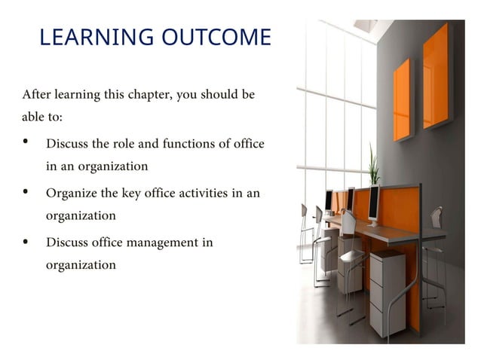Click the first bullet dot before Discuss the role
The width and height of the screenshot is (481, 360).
pyautogui.click(x=27, y=142)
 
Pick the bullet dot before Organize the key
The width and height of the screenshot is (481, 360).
pyautogui.click(x=27, y=192)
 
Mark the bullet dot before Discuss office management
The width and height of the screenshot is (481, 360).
pyautogui.click(x=27, y=242)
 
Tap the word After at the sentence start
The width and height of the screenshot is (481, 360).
pyautogui.click(x=36, y=95)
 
